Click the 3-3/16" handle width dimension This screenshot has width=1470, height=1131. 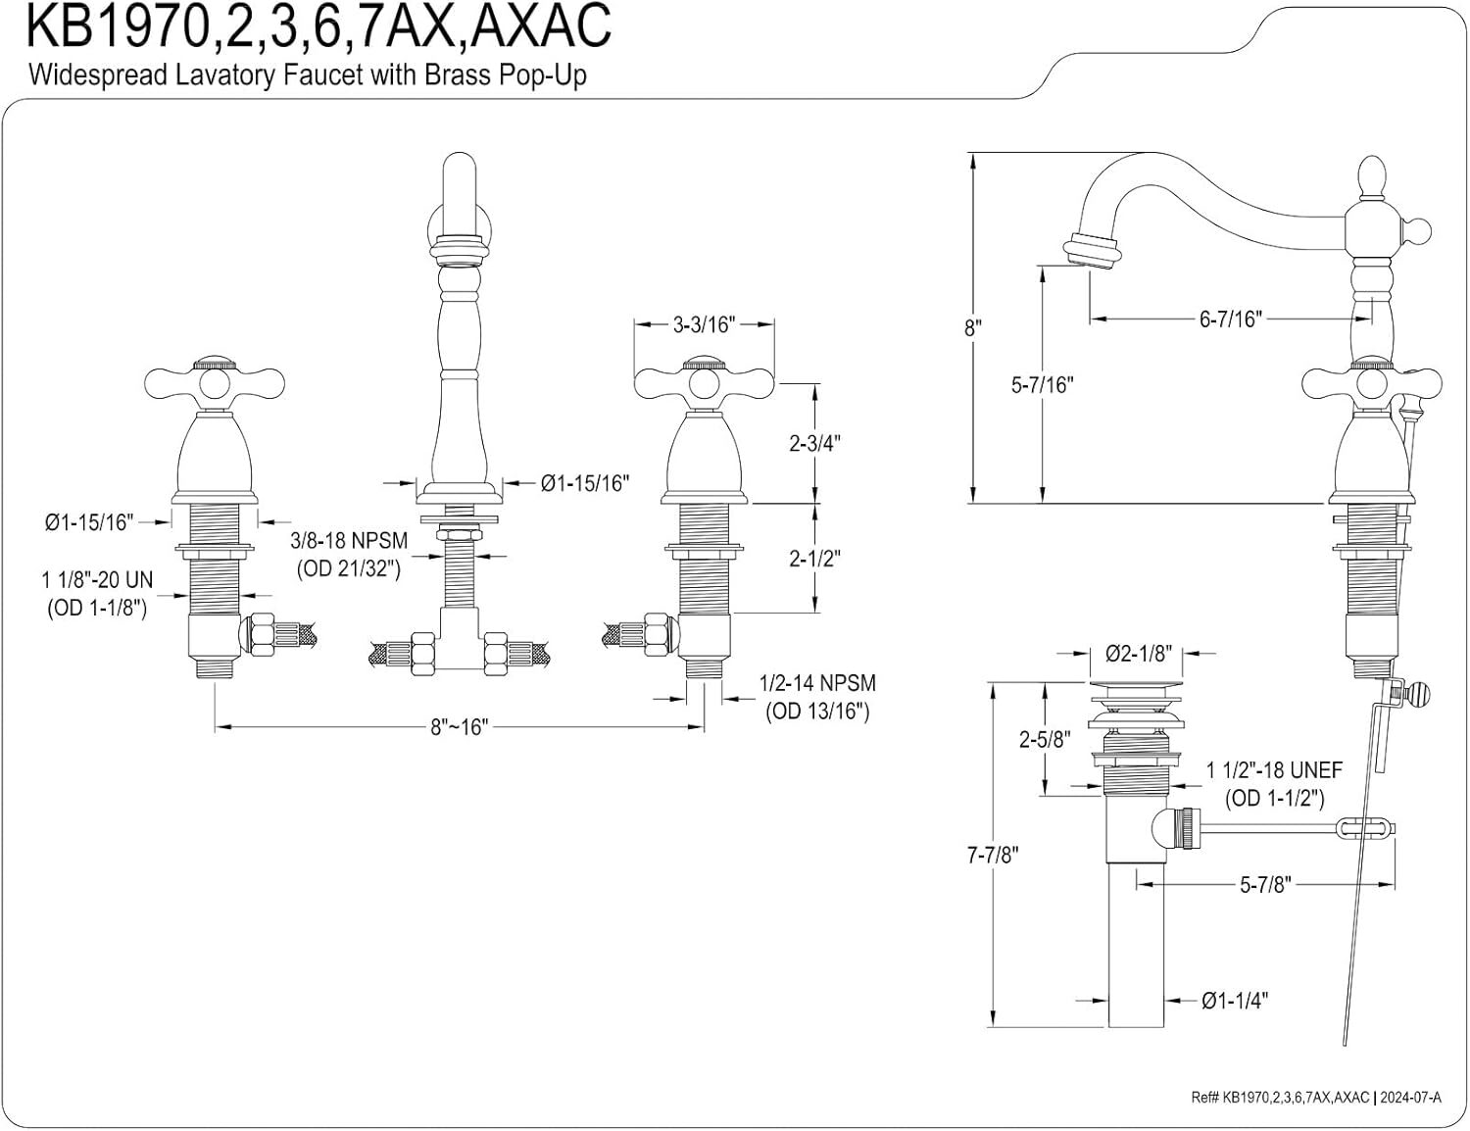point(704,324)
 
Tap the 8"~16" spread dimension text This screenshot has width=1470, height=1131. point(460,727)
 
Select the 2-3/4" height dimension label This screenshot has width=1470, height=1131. point(814,443)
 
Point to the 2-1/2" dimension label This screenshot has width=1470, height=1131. point(814,558)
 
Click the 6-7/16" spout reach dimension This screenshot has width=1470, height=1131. point(1231,319)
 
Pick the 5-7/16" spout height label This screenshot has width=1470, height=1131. point(1043,385)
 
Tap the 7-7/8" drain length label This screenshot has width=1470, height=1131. point(993,855)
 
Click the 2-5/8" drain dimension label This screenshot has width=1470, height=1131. point(1045,739)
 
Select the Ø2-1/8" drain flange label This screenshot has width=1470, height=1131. point(1138,654)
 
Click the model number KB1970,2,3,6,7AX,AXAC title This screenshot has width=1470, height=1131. point(318,26)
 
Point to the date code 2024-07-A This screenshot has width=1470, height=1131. point(1410,1097)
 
